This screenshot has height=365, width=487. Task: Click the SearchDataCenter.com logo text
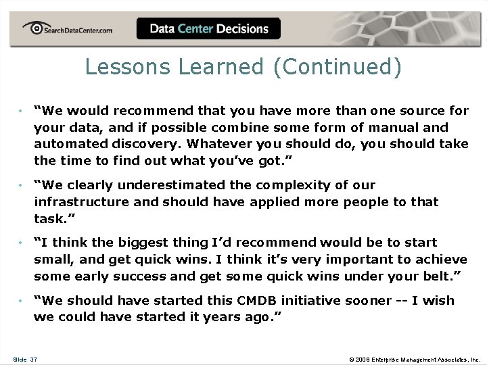pyautogui.click(x=77, y=30)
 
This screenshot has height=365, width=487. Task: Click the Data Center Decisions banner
pyautogui.click(x=208, y=29)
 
